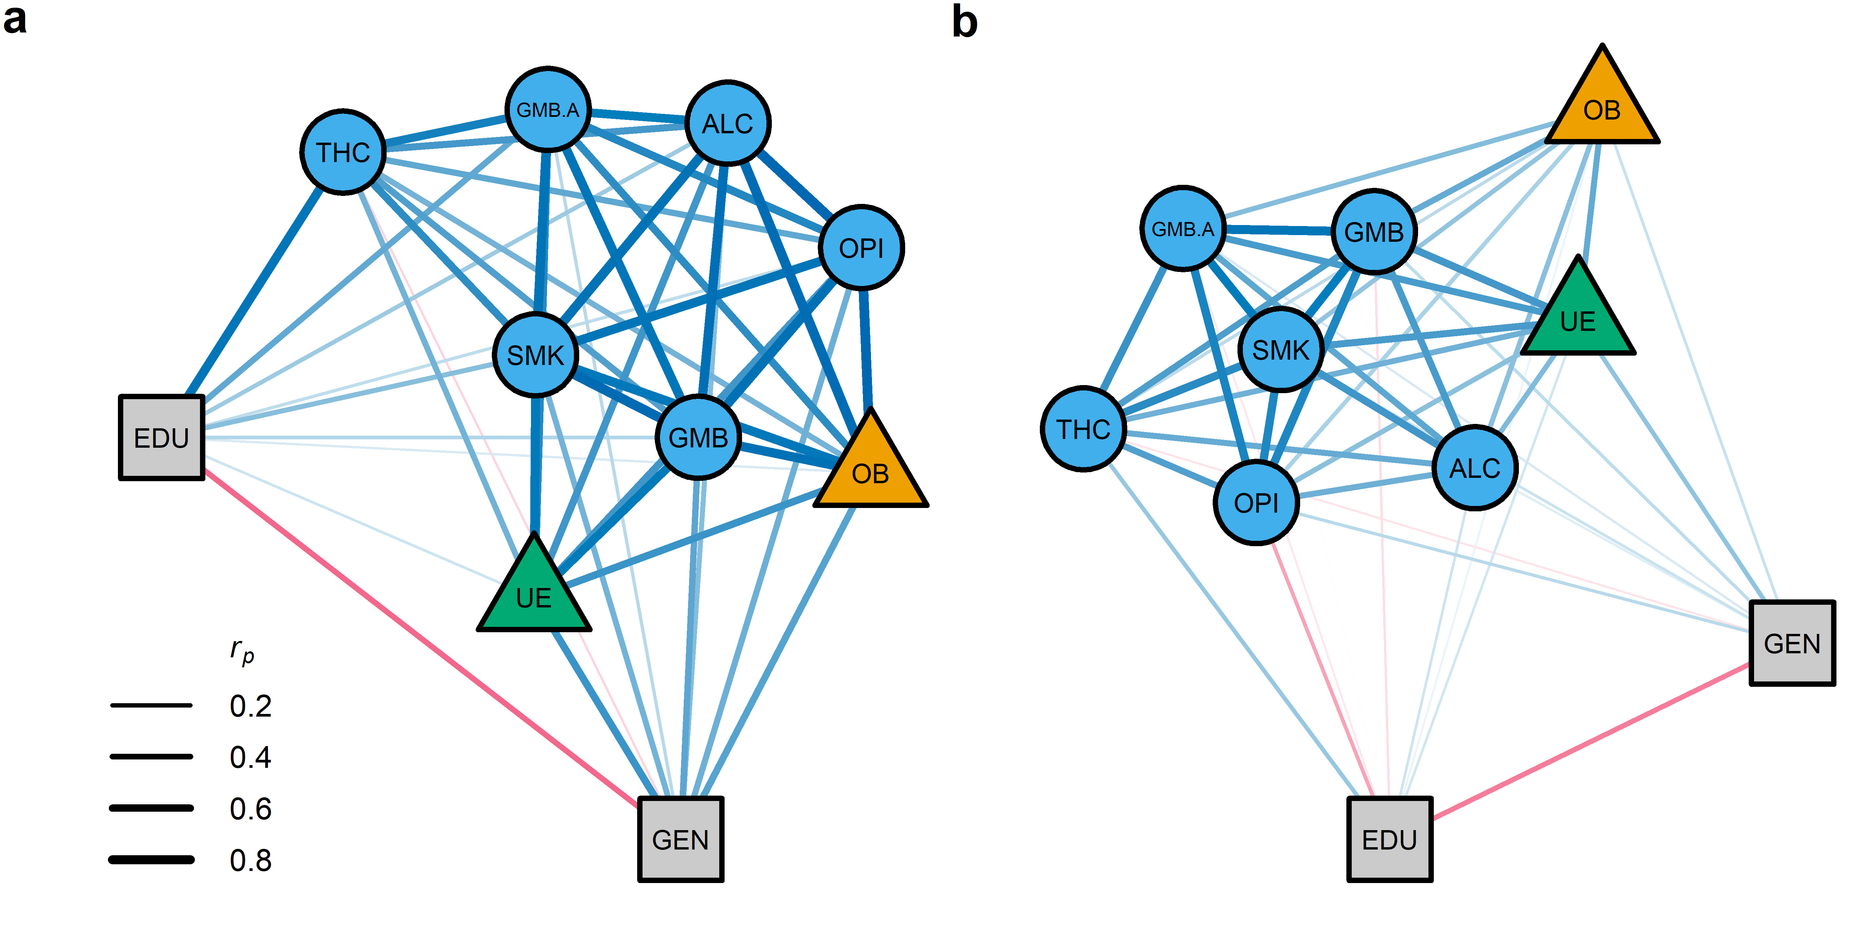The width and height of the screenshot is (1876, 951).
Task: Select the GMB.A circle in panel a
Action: click(x=548, y=110)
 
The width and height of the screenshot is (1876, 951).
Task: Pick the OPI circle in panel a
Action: click(x=861, y=248)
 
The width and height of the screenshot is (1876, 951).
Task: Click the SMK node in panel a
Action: click(x=535, y=355)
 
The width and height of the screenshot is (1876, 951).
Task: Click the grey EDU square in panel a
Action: click(x=162, y=438)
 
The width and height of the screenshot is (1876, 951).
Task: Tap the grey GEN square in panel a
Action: click(x=680, y=839)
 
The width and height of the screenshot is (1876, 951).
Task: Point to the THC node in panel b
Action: click(x=1083, y=429)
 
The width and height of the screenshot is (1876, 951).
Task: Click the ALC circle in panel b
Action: click(x=1475, y=467)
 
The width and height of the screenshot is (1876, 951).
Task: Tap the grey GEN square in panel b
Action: click(x=1792, y=643)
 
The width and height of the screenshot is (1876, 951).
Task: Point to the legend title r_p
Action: click(x=242, y=650)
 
